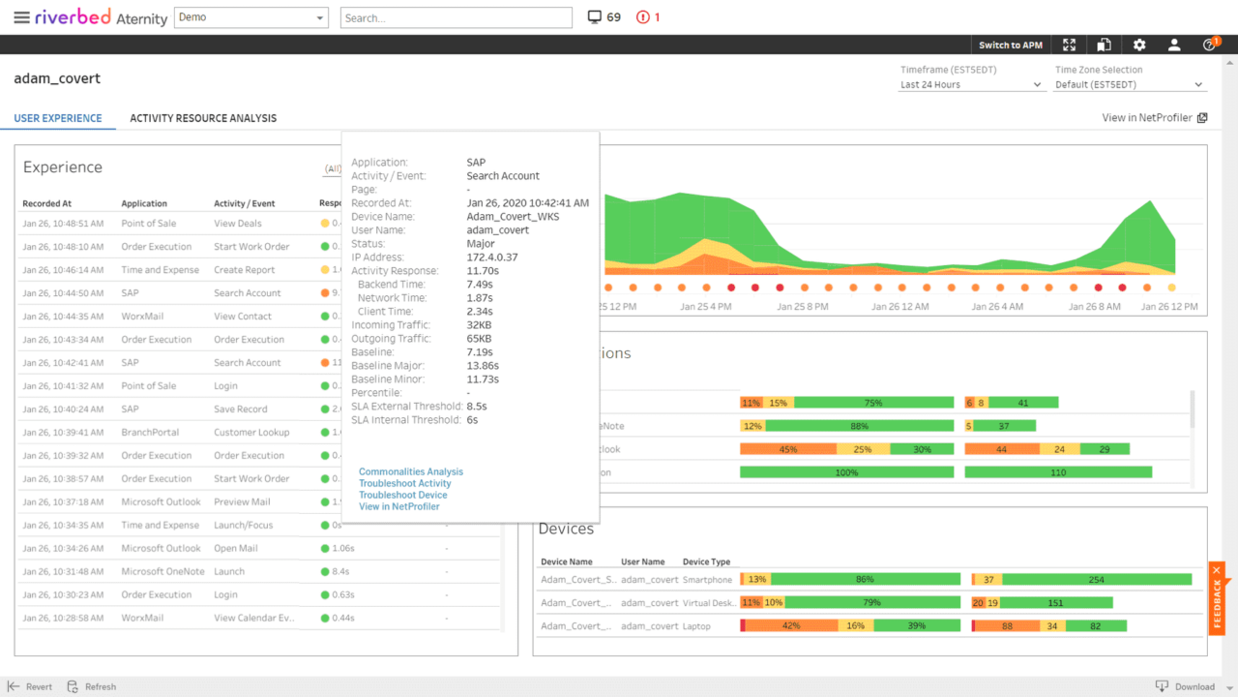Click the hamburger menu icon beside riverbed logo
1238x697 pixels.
pyautogui.click(x=21, y=17)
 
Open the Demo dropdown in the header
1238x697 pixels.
pyautogui.click(x=251, y=17)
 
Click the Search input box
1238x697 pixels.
pyautogui.click(x=456, y=17)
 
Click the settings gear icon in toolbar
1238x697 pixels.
pyautogui.click(x=1139, y=45)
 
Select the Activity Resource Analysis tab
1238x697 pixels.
pyautogui.click(x=203, y=118)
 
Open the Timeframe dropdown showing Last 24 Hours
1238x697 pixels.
pyautogui.click(x=971, y=85)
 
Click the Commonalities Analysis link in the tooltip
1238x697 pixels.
pyautogui.click(x=411, y=471)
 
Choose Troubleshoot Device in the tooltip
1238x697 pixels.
pyautogui.click(x=403, y=495)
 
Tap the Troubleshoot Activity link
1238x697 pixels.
pyautogui.click(x=405, y=483)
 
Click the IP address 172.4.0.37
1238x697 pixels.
pyautogui.click(x=492, y=258)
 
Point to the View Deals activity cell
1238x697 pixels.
pyautogui.click(x=238, y=224)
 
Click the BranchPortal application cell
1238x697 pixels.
pyautogui.click(x=150, y=433)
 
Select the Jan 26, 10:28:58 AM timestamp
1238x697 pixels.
pyautogui.click(x=63, y=618)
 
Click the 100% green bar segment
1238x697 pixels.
pyautogui.click(x=846, y=472)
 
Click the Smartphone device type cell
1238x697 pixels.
pyautogui.click(x=707, y=580)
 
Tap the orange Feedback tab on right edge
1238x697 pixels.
pyautogui.click(x=1218, y=598)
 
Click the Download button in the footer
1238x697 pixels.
pyautogui.click(x=1186, y=686)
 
